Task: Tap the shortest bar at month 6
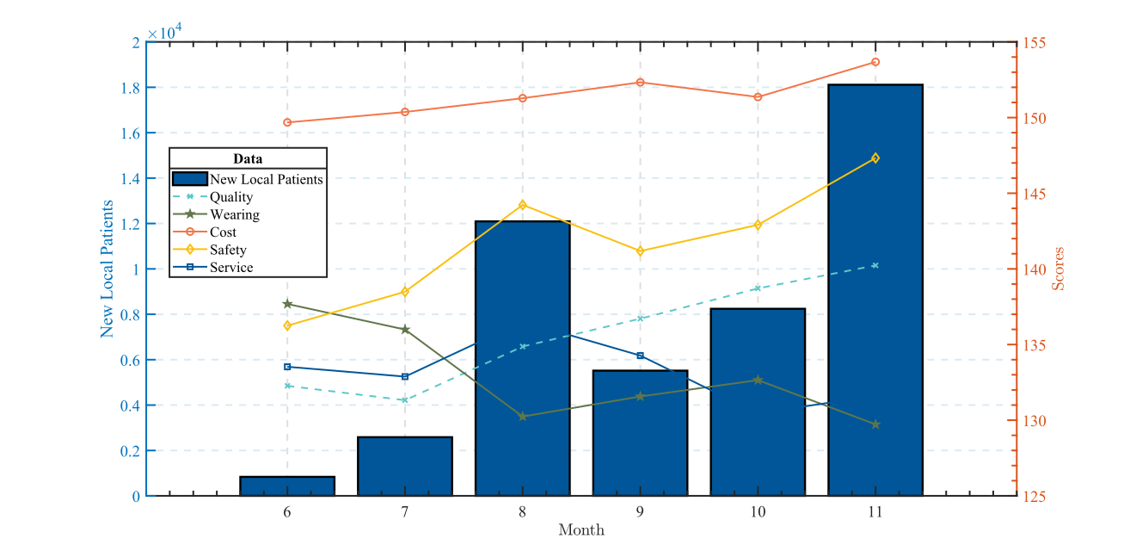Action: (x=287, y=486)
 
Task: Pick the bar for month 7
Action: (x=405, y=467)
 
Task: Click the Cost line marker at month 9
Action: (x=640, y=83)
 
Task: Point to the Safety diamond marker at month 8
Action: (x=522, y=205)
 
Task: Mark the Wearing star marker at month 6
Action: (x=287, y=304)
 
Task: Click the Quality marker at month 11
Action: (x=875, y=265)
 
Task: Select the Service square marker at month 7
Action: (x=405, y=376)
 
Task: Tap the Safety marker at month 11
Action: (x=875, y=158)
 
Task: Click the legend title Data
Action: (x=248, y=159)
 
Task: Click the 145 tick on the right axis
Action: (x=1034, y=194)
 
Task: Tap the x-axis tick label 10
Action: (x=757, y=511)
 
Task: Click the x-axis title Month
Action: (x=581, y=530)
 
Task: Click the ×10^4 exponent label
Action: (x=164, y=34)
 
